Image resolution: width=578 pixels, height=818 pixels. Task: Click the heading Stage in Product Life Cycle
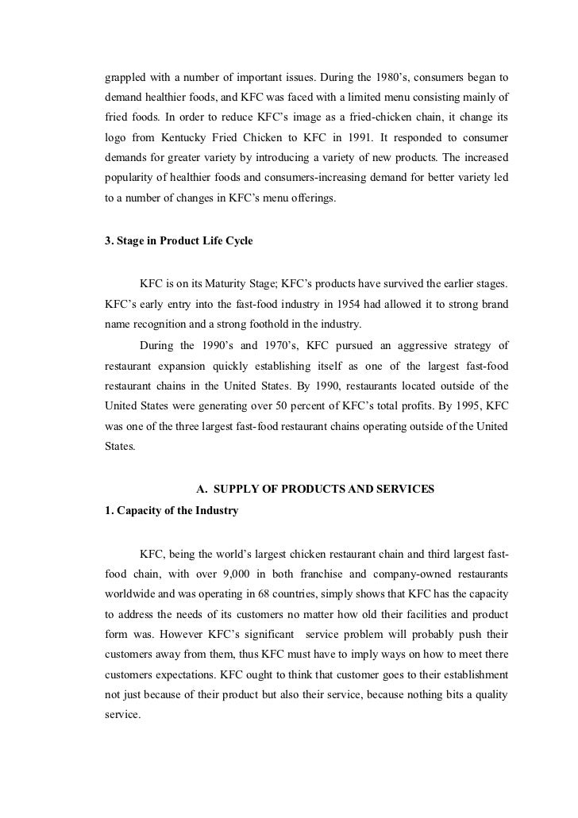click(x=185, y=240)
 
